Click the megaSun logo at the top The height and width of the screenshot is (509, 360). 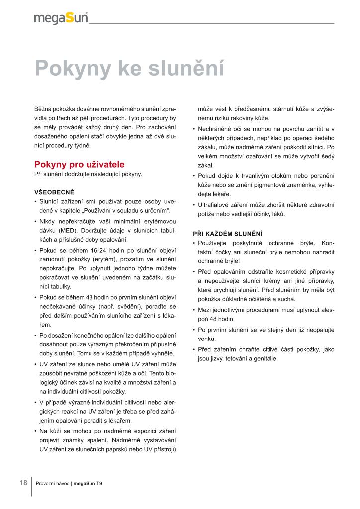coord(61,18)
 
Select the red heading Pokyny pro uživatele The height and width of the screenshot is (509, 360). coord(79,165)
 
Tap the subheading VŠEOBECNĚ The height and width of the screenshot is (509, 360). coord(54,192)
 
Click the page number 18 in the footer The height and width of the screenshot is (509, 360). coord(23,483)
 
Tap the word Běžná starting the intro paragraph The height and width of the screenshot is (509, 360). coord(42,109)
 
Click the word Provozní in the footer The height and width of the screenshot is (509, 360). coord(46,483)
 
